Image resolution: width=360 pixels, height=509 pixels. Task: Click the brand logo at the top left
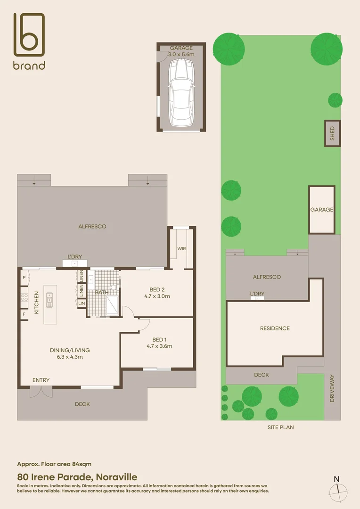click(29, 41)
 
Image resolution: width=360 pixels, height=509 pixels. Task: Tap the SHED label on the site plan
click(332, 133)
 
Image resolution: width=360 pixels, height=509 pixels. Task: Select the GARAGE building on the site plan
click(322, 210)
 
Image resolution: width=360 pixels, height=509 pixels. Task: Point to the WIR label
click(181, 248)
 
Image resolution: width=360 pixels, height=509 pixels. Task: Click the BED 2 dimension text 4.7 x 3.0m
click(157, 296)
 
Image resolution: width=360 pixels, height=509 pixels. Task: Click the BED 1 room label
click(159, 339)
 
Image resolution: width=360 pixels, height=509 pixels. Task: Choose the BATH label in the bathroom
click(102, 292)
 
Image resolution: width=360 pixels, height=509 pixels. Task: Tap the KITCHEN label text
click(37, 303)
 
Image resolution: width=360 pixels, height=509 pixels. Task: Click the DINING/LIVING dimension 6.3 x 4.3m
click(70, 357)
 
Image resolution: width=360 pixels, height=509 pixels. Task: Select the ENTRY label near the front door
click(41, 380)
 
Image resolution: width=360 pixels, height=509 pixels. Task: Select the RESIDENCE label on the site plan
click(275, 328)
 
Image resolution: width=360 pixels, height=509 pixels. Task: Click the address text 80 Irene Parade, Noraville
click(77, 477)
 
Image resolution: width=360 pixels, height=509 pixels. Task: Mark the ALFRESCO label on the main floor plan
click(92, 226)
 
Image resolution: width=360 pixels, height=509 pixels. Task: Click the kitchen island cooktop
click(49, 299)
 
